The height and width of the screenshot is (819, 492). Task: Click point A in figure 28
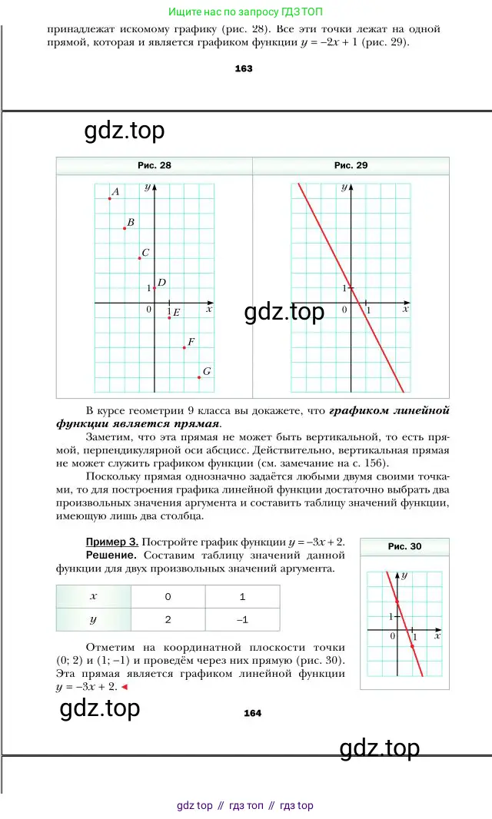110,198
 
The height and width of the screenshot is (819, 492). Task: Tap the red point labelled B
125,228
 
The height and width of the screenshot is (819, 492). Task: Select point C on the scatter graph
139,258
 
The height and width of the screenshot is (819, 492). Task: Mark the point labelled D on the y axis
155,288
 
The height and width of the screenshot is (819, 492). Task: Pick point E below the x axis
169,317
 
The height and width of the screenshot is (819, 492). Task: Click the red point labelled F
184,347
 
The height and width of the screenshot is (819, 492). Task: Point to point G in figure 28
199,377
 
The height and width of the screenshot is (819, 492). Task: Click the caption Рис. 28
154,165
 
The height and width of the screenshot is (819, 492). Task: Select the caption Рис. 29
351,165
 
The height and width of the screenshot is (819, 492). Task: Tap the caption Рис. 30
404,547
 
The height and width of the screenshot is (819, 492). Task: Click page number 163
243,68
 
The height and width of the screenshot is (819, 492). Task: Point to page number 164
252,713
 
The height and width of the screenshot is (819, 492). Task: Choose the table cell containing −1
242,619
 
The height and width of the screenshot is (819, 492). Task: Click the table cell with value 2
168,619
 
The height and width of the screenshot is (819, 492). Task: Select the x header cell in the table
94,596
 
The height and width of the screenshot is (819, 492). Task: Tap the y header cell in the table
94,619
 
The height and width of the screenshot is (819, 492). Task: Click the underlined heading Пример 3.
112,542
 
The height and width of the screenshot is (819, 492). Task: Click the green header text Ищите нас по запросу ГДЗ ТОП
246,12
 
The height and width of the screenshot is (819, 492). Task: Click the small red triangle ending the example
125,687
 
